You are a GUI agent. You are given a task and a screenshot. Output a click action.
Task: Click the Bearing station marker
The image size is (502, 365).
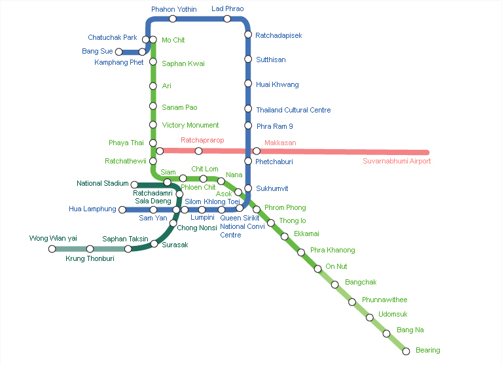pos(406,351)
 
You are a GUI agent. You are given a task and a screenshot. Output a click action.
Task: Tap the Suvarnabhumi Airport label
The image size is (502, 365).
pos(397,161)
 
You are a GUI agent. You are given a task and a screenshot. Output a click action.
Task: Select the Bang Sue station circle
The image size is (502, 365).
pos(118,52)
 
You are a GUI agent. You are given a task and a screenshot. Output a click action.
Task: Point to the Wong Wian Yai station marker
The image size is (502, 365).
pos(52,249)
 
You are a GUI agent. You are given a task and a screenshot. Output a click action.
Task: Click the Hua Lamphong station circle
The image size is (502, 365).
pos(122,210)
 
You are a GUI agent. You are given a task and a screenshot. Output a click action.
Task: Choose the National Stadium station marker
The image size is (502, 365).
pos(134,185)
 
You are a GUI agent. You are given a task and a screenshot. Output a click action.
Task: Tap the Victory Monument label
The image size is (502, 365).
pos(190,125)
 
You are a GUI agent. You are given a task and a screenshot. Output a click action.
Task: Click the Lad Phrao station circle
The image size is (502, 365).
pos(227,19)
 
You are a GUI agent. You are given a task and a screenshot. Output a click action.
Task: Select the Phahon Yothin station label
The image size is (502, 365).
pos(173,9)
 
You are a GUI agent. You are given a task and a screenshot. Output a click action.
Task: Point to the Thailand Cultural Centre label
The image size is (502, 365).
pos(293,110)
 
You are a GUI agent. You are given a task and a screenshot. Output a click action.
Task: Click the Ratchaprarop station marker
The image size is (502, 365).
pos(198,151)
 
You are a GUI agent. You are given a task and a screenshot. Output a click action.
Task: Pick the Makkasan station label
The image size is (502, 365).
pos(280,143)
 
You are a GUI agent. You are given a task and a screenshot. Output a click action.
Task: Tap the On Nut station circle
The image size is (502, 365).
pos(317,268)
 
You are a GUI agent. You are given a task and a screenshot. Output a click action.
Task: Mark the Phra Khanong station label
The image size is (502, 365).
pos(332,250)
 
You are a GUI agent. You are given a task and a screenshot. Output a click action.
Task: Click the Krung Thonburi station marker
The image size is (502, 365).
pos(90,249)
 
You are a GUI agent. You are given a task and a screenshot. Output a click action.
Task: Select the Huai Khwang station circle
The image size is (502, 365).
pos(248,84)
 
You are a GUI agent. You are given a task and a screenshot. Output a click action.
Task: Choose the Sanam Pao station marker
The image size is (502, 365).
pos(152,107)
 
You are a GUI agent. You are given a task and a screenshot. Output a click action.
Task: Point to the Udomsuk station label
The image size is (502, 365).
pos(393,314)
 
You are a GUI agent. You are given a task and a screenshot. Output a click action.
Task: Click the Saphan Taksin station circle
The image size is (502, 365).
pos(128,249)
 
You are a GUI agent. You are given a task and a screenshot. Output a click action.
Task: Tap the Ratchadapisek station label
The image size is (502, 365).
pos(279,35)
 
